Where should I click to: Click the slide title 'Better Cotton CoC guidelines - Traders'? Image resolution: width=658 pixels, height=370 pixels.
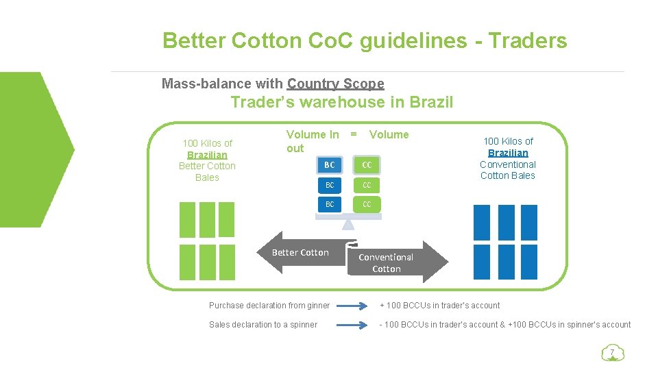click(365, 41)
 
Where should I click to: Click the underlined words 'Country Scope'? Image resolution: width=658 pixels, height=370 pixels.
click(335, 84)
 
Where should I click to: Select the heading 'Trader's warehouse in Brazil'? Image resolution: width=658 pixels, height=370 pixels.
click(341, 103)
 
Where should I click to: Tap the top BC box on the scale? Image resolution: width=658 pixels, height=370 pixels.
click(330, 165)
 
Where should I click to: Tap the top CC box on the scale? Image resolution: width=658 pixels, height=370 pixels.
click(367, 165)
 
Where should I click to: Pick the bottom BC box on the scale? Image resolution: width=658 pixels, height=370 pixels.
click(330, 204)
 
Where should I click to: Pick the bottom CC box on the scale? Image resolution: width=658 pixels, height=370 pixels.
click(367, 204)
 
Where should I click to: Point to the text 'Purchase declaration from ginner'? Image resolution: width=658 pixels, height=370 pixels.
click(269, 306)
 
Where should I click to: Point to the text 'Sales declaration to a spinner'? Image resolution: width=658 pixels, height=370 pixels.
click(263, 325)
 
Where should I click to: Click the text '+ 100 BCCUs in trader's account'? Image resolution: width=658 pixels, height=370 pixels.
click(439, 306)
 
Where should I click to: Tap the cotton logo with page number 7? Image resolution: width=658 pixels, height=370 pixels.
click(611, 354)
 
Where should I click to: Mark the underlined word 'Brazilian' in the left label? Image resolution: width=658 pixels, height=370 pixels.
click(207, 155)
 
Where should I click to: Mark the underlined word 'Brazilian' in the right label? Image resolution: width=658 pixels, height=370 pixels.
click(508, 153)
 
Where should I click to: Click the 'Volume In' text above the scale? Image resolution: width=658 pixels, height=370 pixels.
click(312, 135)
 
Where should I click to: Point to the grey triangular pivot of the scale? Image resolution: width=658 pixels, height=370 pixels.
click(348, 223)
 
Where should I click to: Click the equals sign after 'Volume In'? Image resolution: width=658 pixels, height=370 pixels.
click(354, 135)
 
